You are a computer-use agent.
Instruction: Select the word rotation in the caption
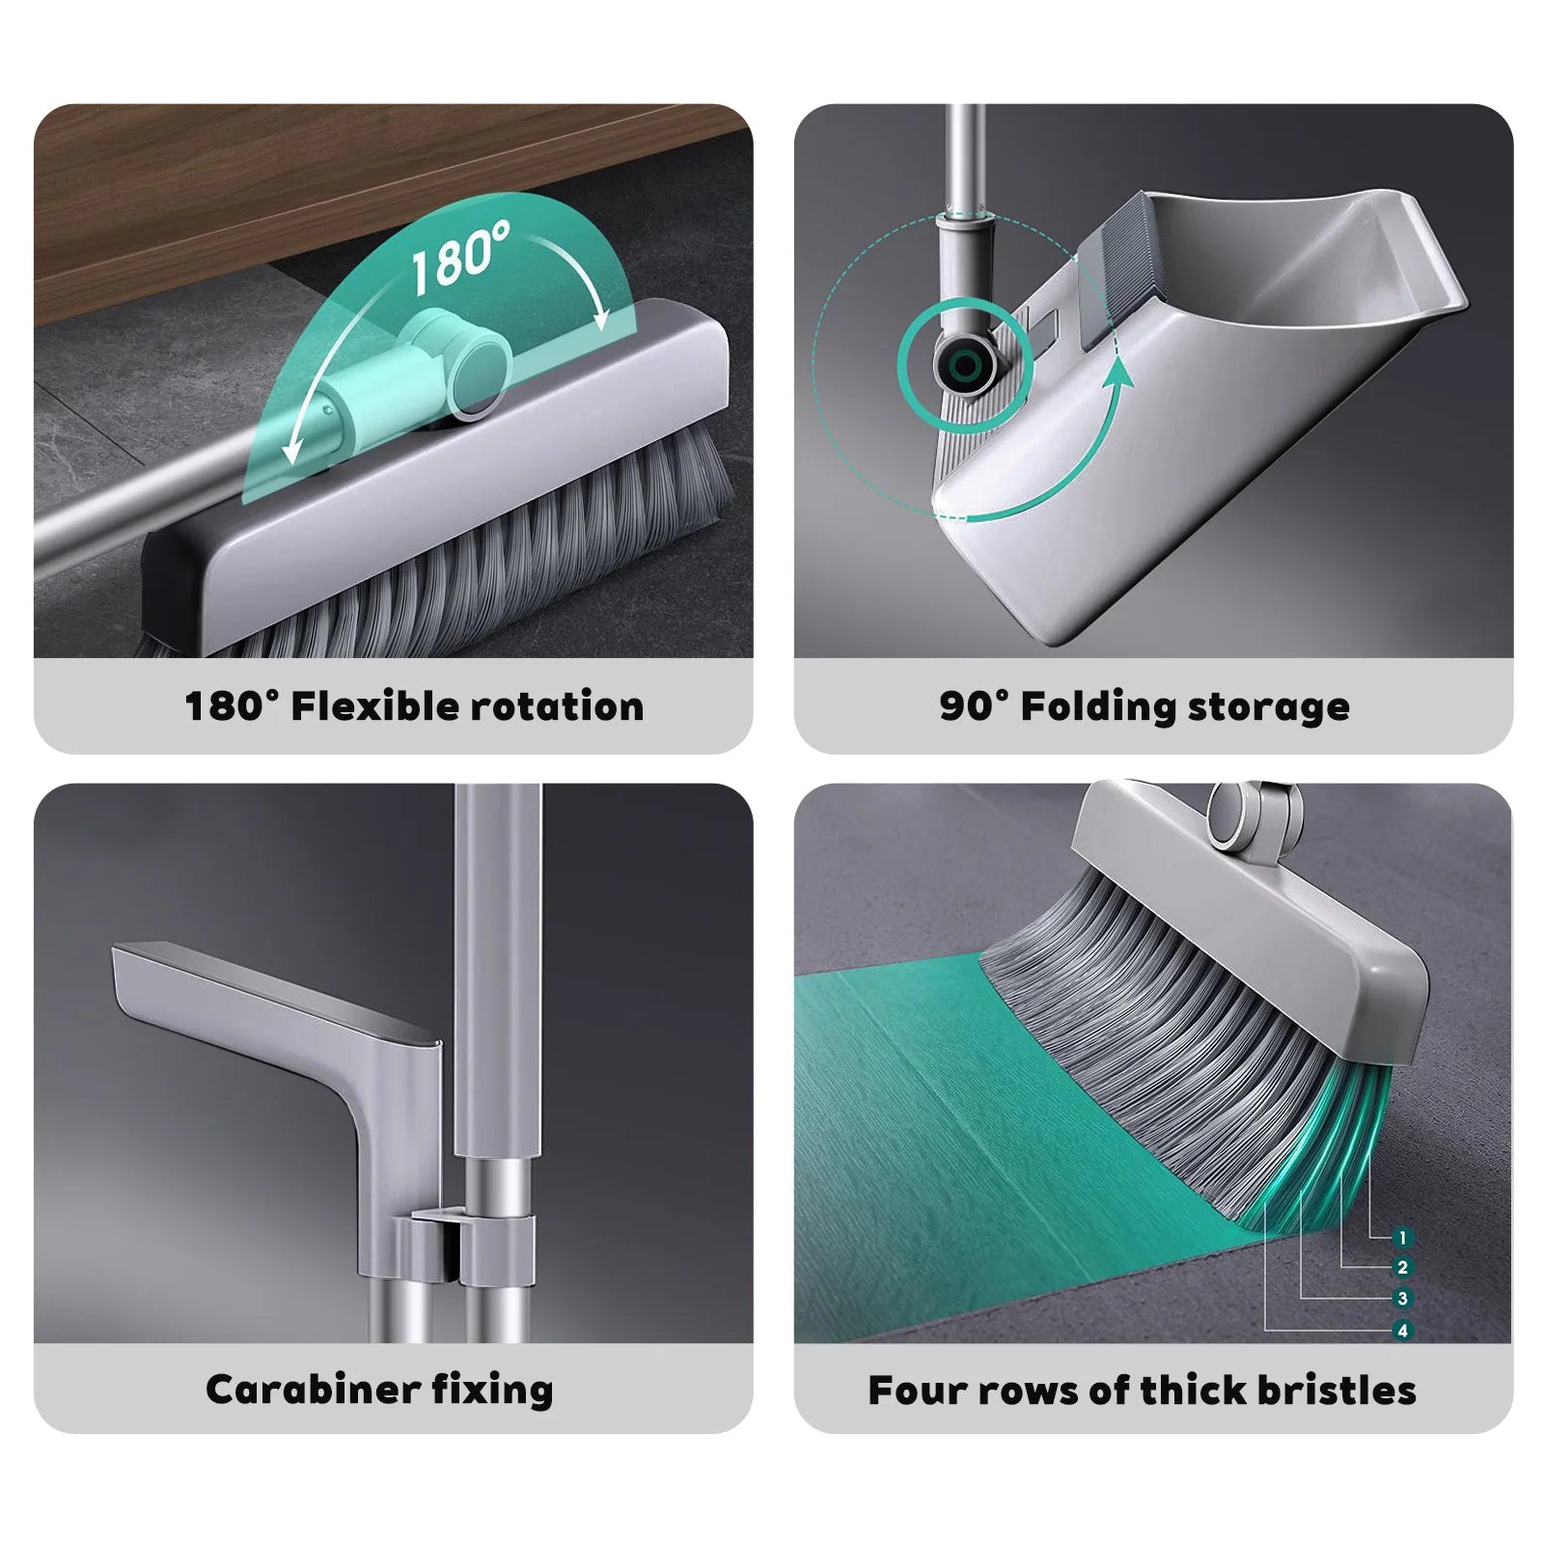point(557,706)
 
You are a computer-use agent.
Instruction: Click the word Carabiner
point(312,1390)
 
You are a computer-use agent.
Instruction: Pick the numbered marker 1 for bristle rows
point(1403,1237)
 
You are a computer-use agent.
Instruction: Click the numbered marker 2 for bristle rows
point(1403,1268)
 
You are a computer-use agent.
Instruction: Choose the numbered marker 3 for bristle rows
point(1403,1299)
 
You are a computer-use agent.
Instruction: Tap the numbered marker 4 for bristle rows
point(1403,1331)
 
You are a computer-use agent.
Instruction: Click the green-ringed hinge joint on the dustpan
point(963,366)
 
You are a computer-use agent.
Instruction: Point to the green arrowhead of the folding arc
point(1119,372)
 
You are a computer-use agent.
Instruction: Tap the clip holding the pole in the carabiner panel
point(463,1251)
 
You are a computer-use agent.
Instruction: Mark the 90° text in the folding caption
point(974,706)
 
